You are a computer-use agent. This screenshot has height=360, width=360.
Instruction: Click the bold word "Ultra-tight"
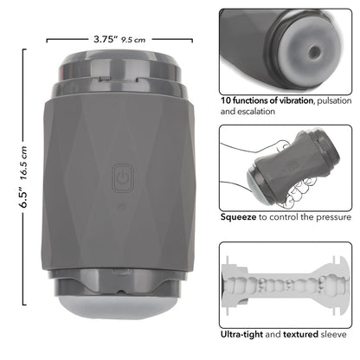pyautogui.click(x=244, y=332)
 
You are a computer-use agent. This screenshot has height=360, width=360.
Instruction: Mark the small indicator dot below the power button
pyautogui.click(x=120, y=206)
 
